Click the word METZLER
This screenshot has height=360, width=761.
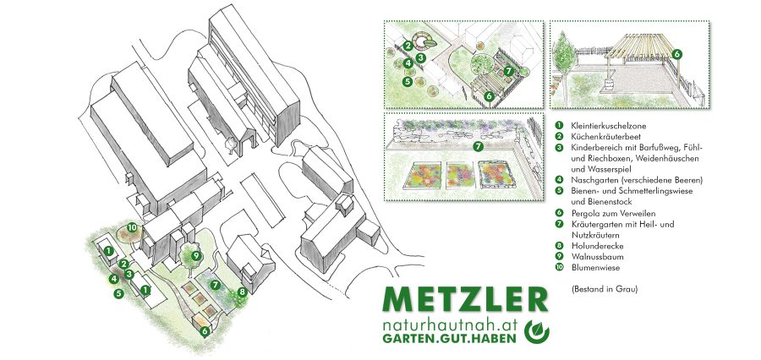pyautogui.click(x=465, y=299)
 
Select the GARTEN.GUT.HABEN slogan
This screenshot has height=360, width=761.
pyautogui.click(x=450, y=339)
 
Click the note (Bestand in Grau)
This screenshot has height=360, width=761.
pyautogui.click(x=604, y=289)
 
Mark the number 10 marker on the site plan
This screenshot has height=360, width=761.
pyautogui.click(x=132, y=227)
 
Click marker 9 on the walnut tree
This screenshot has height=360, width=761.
pyautogui.click(x=195, y=255)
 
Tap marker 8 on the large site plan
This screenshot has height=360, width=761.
pyautogui.click(x=243, y=292)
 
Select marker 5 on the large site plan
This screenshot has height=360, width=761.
pyautogui.click(x=118, y=293)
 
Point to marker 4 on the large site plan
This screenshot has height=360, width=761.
pyautogui.click(x=113, y=279)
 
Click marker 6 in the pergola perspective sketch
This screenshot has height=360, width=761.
pyautogui.click(x=677, y=54)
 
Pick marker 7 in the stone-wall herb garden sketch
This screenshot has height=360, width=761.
pyautogui.click(x=478, y=145)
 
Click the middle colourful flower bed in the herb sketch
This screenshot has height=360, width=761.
pyautogui.click(x=457, y=175)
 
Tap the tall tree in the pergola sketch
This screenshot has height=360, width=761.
pyautogui.click(x=563, y=53)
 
